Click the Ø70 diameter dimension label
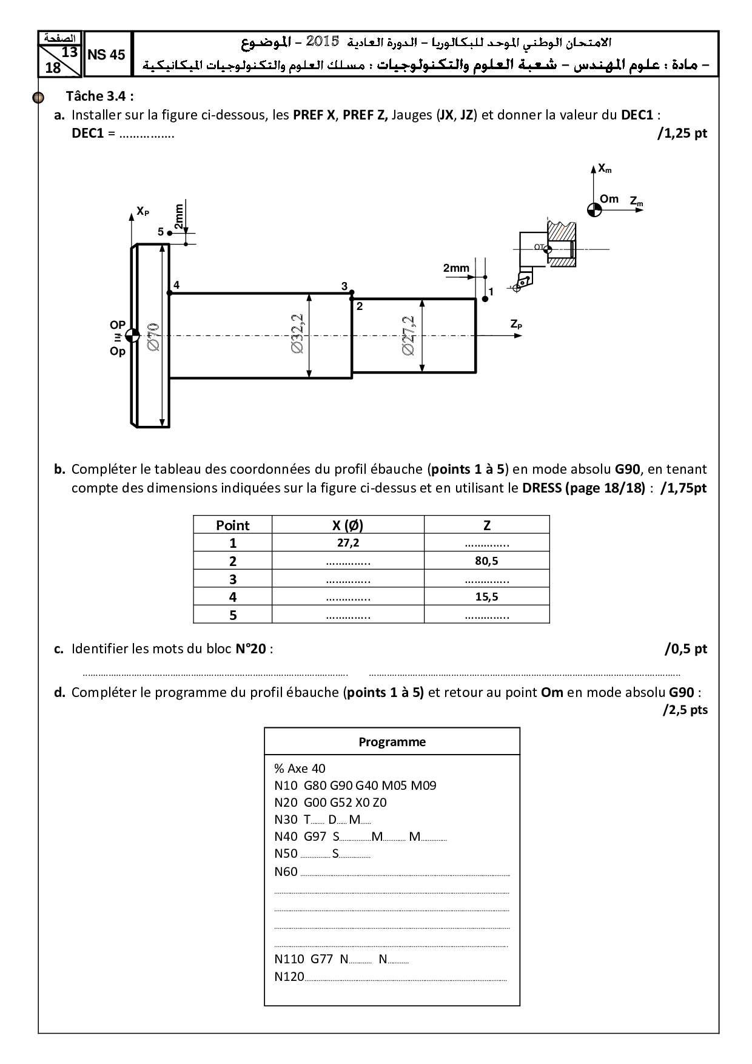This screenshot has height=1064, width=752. tap(153, 336)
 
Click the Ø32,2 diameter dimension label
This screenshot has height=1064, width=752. tap(297, 335)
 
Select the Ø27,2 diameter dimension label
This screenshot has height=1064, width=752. tap(408, 335)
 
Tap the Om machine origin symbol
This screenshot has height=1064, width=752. tap(594, 210)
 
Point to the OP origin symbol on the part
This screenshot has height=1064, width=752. tap(132, 336)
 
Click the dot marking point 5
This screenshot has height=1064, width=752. tap(170, 232)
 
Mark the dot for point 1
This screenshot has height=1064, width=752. tap(485, 299)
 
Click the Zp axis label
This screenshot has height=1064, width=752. tap(516, 325)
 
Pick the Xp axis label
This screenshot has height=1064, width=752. tap(143, 211)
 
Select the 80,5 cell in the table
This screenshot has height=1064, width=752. tap(486, 561)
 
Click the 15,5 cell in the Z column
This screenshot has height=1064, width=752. tap(486, 596)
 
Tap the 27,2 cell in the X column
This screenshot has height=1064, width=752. tap(348, 543)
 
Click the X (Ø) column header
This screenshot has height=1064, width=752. tap(348, 525)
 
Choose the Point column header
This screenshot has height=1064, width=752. tap(233, 525)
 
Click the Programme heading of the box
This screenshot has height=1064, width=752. tap(392, 741)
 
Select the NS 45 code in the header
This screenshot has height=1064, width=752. tap(106, 55)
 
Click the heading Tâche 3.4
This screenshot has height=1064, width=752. tap(100, 96)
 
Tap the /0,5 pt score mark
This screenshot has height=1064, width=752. tap(686, 649)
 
